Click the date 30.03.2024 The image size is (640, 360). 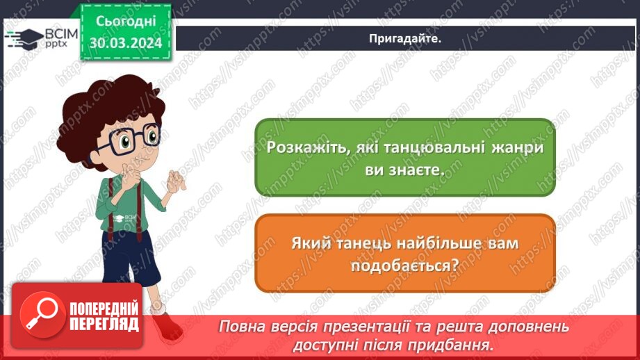coord(125,43)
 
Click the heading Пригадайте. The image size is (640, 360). coord(405,39)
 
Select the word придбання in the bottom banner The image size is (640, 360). coord(457,344)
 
